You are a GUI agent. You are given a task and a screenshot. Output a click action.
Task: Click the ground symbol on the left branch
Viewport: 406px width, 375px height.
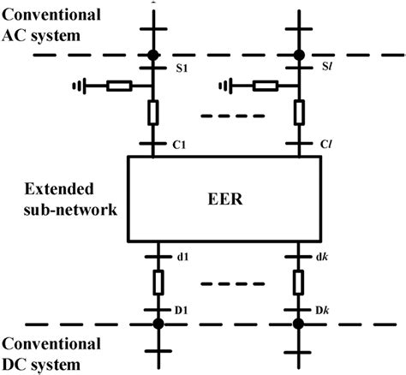tap(78, 85)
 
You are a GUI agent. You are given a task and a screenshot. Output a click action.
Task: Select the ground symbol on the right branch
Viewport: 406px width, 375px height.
tap(224, 85)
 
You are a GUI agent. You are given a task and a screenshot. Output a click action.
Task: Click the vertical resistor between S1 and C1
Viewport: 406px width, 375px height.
tap(153, 111)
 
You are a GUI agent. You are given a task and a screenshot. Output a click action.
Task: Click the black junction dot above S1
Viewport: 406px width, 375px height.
tap(153, 56)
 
